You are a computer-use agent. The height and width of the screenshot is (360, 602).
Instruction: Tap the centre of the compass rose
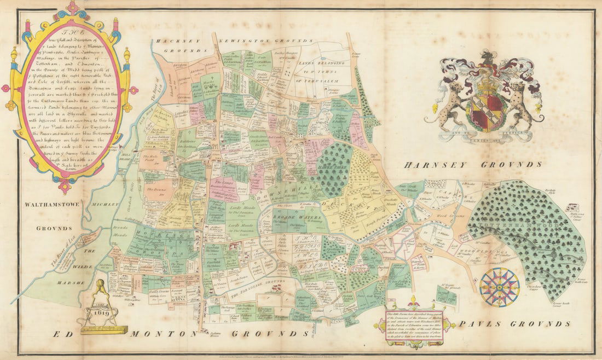pyautogui.click(x=499, y=287)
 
